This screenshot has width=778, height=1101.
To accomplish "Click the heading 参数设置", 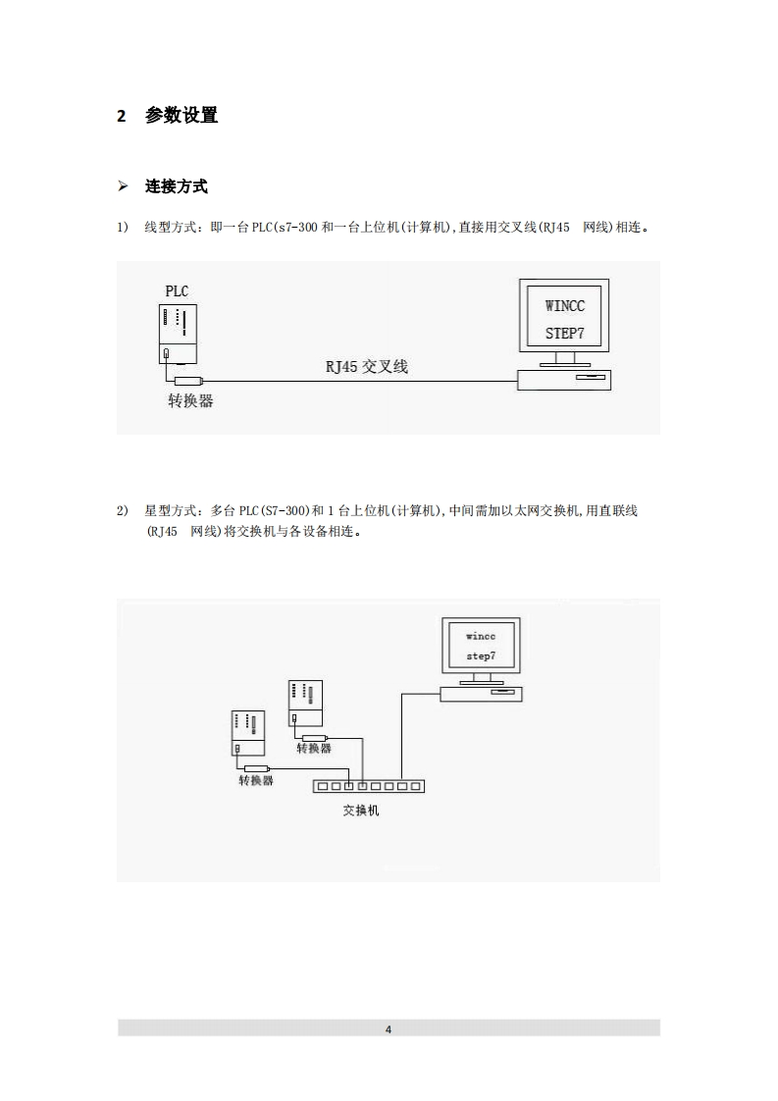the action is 182,116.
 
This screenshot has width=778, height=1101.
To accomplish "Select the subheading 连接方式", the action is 177,186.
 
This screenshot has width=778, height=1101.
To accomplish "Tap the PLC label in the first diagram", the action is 177,290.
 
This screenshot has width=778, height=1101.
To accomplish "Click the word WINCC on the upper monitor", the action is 564,306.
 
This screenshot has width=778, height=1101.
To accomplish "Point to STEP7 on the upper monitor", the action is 564,334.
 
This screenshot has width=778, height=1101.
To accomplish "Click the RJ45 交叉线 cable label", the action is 367,367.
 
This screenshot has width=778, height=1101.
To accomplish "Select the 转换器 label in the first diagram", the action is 190,400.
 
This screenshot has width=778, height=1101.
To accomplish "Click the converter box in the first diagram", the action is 188,381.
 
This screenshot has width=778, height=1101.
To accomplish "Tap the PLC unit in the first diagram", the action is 178,334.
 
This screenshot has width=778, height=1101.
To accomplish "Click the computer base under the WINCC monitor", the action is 564,379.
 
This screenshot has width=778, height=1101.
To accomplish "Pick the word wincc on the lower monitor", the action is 481,636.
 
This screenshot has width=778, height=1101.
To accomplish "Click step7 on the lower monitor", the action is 481,655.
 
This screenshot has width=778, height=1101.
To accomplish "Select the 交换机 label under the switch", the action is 360,812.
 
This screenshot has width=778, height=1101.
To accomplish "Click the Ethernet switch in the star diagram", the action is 368,786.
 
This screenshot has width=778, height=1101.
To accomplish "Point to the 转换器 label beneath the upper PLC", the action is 314,749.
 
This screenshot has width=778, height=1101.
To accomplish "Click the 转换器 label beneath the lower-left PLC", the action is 256,780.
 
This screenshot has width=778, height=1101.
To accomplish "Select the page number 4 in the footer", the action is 389,1029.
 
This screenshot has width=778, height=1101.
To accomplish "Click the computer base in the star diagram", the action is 481,694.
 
